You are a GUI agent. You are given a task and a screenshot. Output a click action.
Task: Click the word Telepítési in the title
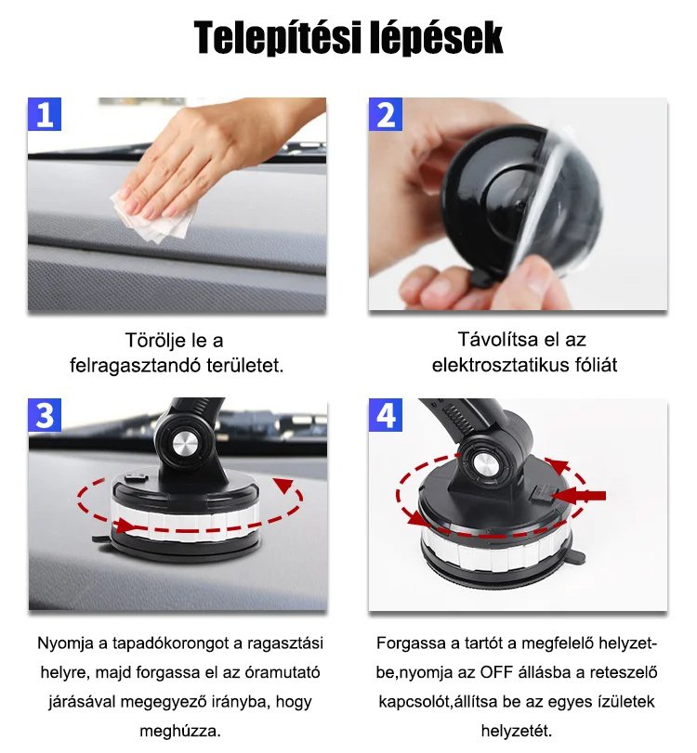(x=277, y=38)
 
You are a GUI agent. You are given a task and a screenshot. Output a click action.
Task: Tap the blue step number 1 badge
(x=45, y=114)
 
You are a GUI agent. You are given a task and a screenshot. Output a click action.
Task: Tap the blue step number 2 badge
(x=386, y=114)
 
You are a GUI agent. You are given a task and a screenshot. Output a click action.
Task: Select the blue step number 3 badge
(x=45, y=415)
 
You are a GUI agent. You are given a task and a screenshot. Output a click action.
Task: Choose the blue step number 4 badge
(x=386, y=415)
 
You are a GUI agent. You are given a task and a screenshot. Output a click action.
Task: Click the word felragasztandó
(x=135, y=366)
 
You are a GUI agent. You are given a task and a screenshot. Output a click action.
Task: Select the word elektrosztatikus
(x=500, y=365)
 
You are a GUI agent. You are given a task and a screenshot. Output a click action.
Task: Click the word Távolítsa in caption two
(x=496, y=340)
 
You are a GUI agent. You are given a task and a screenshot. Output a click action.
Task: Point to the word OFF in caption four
(x=497, y=673)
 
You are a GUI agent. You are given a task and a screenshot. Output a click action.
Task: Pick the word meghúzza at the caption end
(x=179, y=732)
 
